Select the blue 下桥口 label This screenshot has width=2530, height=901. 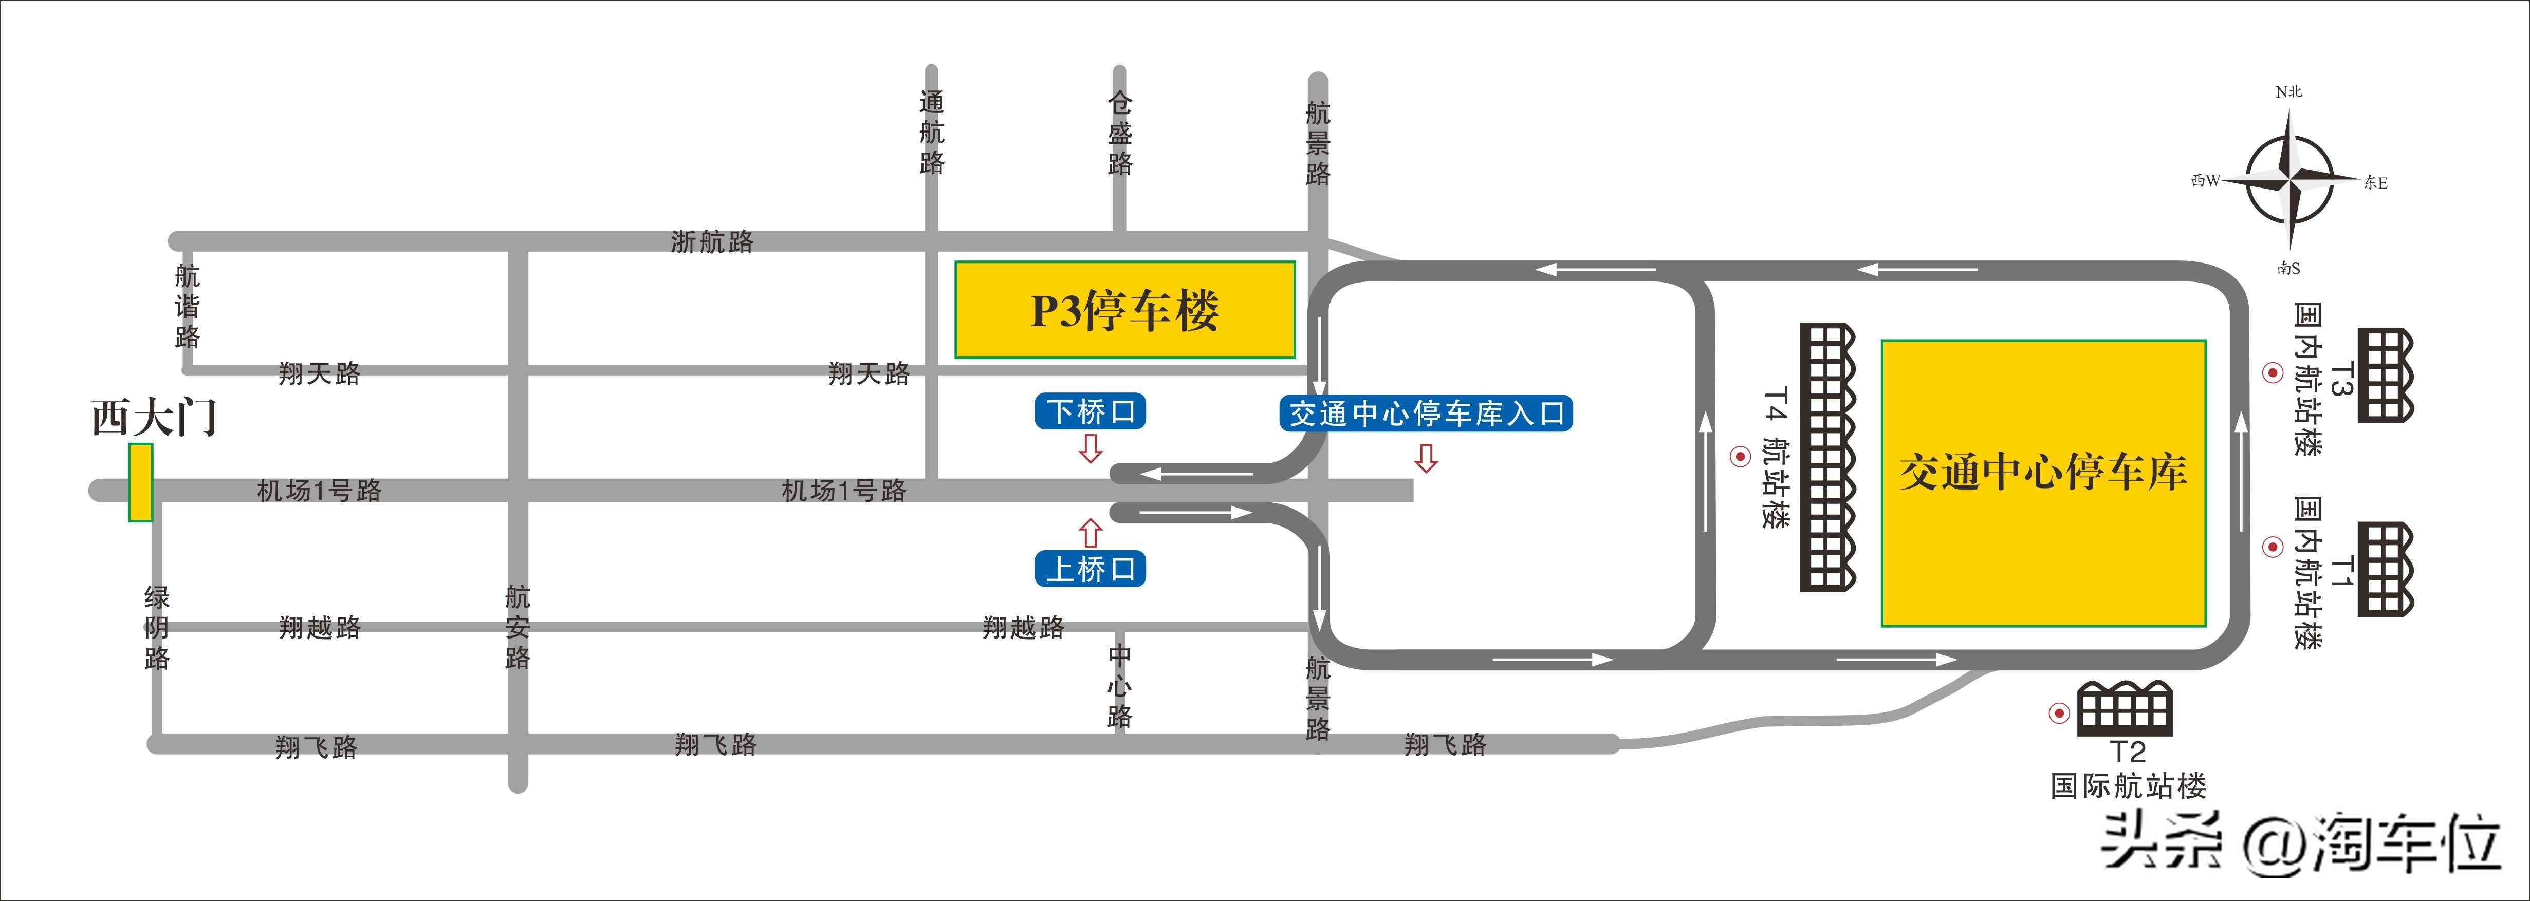[x=1090, y=411]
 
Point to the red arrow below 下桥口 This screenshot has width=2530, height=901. [x=1090, y=449]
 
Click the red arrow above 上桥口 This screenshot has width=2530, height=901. [x=1090, y=532]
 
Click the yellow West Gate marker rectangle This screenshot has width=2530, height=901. [x=140, y=482]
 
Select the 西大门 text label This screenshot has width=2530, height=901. [x=154, y=417]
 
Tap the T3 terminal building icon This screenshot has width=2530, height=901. [x=2386, y=376]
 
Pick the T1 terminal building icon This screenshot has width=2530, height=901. [x=2386, y=569]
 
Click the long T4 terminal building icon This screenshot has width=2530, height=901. [x=1828, y=457]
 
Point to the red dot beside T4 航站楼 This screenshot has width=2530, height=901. [x=1740, y=456]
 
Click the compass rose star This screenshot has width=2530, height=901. [x=2289, y=180]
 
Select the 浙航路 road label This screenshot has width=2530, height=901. [x=712, y=241]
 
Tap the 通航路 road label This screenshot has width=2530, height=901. [x=932, y=133]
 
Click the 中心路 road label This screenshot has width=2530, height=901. [x=1120, y=686]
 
